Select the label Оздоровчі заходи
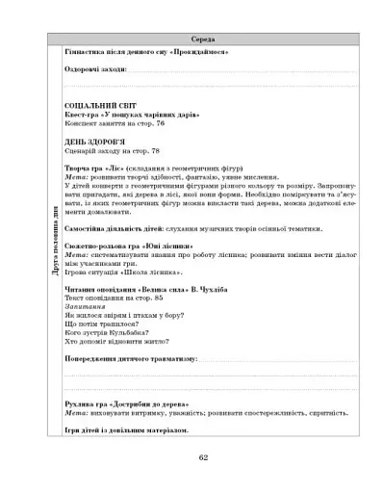pyautogui.click(x=94, y=70)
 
